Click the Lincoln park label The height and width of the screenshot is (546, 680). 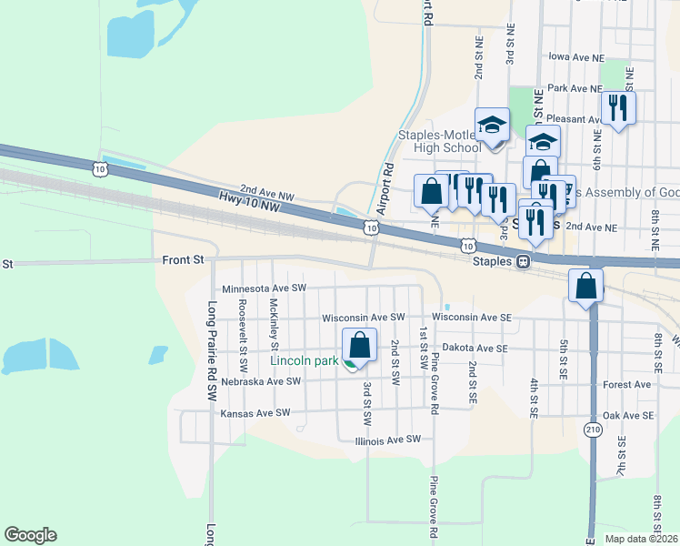pyautogui.click(x=304, y=360)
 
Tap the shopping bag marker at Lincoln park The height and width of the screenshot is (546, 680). pyautogui.click(x=359, y=347)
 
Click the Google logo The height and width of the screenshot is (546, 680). pyautogui.click(x=30, y=535)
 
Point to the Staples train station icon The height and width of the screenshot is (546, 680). pyautogui.click(x=524, y=261)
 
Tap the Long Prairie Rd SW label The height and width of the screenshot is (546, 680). pyautogui.click(x=212, y=351)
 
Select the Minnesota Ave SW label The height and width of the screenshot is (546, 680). pyautogui.click(x=262, y=288)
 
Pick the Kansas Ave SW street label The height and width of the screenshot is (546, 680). pyautogui.click(x=255, y=413)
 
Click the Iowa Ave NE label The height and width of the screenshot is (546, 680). pyautogui.click(x=576, y=56)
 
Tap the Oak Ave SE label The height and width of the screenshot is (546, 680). pyautogui.click(x=628, y=415)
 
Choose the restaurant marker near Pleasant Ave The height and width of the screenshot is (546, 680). pyautogui.click(x=618, y=108)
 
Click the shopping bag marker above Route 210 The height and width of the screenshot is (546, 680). pyautogui.click(x=586, y=286)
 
